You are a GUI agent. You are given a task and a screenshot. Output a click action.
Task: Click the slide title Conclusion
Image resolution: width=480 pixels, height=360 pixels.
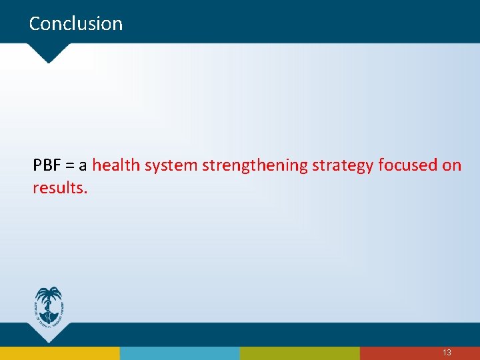tap(76, 24)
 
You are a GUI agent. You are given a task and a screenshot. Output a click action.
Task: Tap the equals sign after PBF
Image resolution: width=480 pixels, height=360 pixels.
tap(71, 166)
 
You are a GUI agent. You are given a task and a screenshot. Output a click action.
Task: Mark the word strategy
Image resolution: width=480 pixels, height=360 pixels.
tap(343, 166)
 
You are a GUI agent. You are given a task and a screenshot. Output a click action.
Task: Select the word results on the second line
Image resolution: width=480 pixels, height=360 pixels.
tap(59, 188)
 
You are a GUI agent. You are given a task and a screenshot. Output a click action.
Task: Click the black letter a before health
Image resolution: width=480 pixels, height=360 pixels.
tap(84, 166)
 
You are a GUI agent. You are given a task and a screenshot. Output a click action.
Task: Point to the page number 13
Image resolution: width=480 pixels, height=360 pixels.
tap(447, 352)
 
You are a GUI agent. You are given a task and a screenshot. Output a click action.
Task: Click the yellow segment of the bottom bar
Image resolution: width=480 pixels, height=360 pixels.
tap(60, 353)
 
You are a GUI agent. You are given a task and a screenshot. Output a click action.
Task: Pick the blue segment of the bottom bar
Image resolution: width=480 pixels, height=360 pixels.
tap(180, 353)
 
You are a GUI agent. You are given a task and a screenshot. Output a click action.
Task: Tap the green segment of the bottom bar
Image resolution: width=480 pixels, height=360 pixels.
tap(300, 353)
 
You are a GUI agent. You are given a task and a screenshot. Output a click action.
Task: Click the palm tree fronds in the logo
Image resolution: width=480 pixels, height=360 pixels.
tap(49, 293)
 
